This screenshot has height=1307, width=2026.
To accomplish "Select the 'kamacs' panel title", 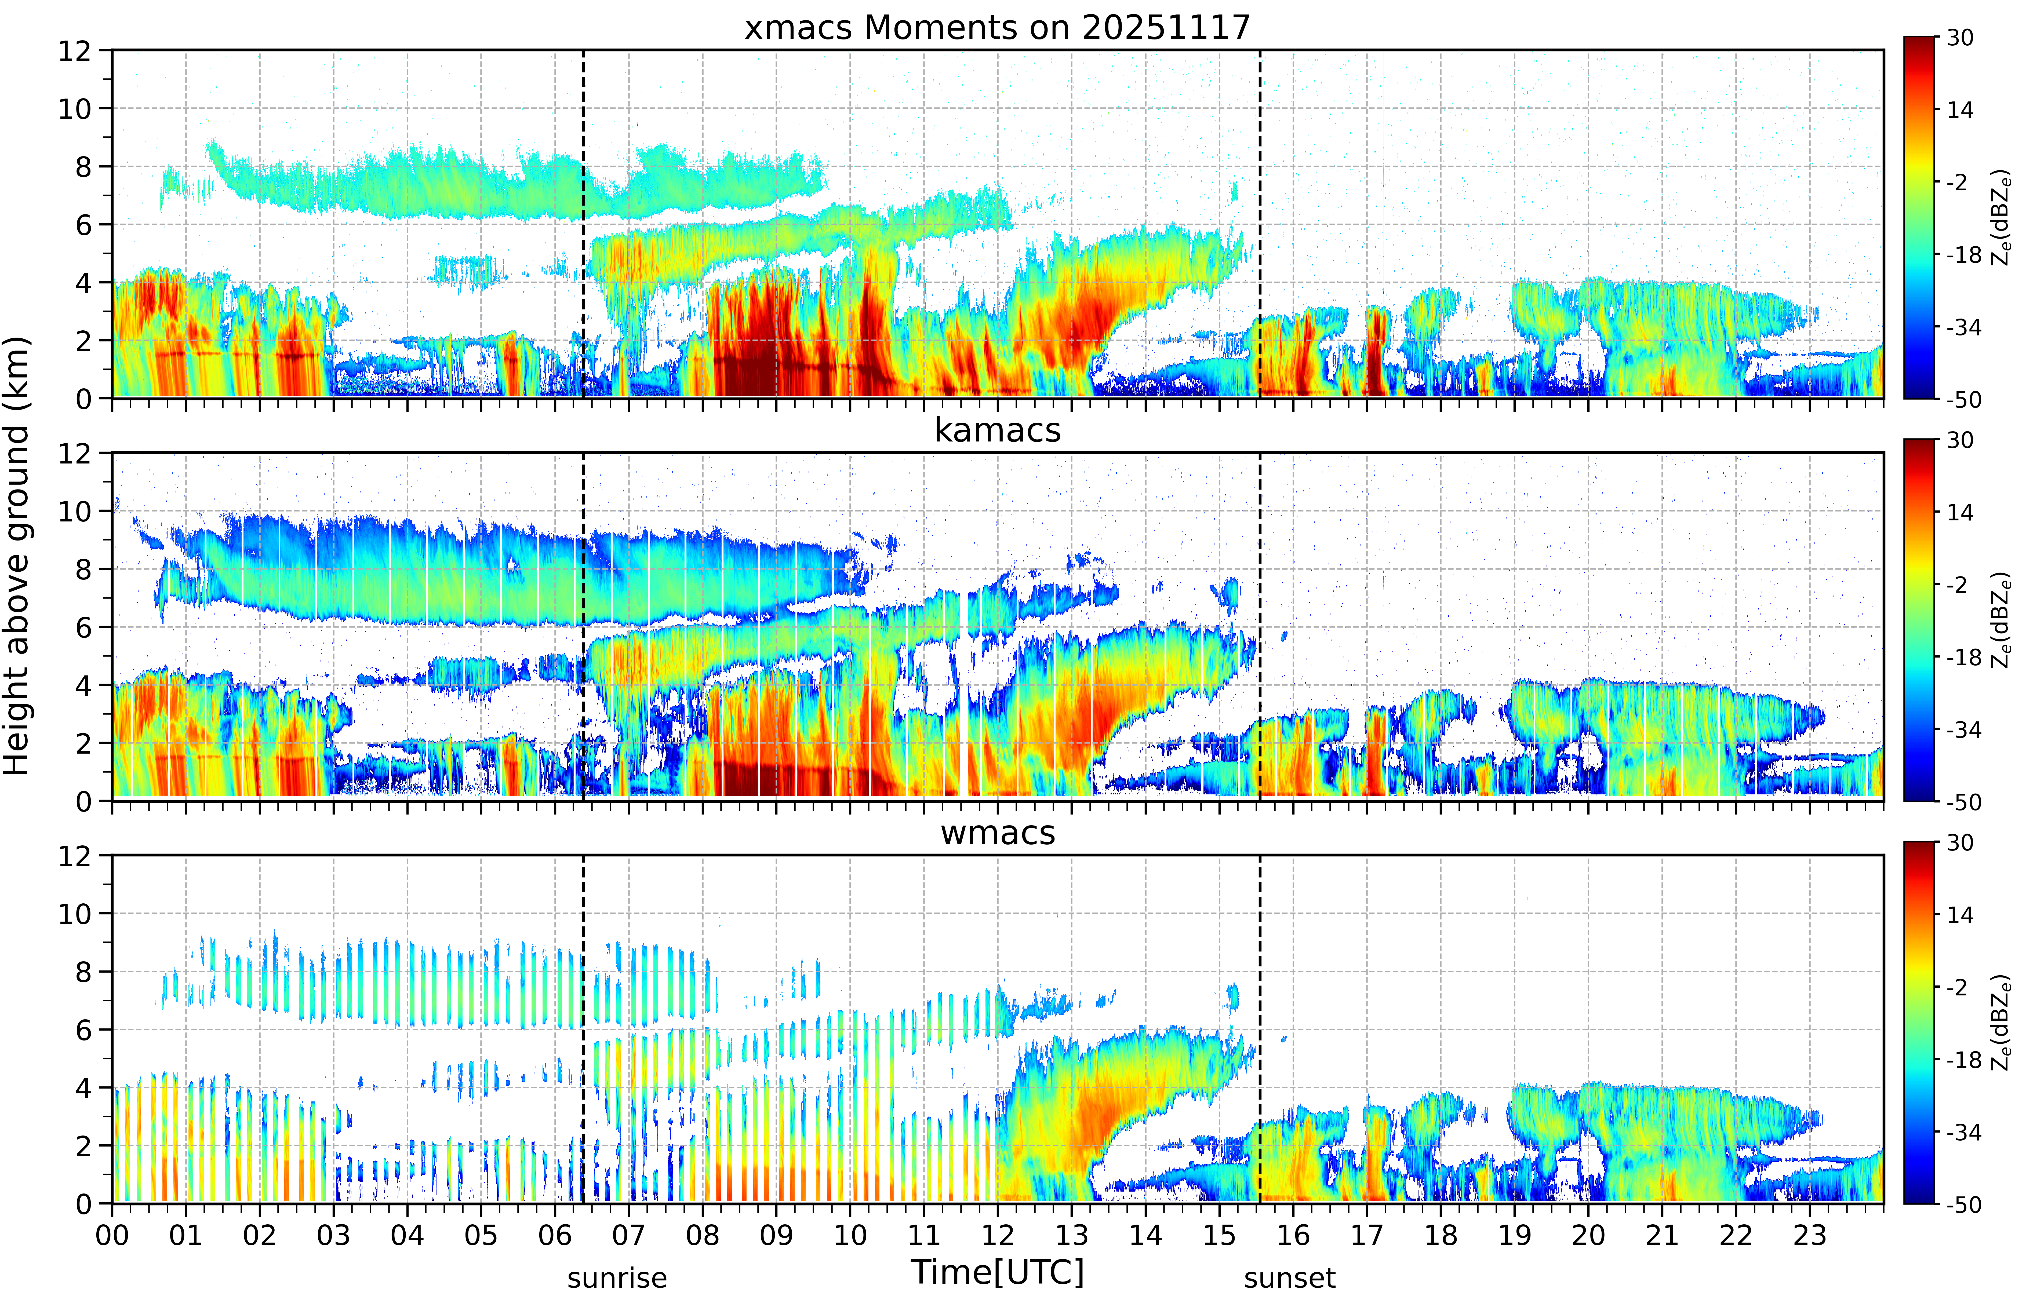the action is point(997,430).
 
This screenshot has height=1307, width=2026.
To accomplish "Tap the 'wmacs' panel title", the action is point(997,833).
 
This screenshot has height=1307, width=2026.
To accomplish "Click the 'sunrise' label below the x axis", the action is point(617,1277).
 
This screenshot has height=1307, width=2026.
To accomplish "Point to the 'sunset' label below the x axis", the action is point(1289,1277).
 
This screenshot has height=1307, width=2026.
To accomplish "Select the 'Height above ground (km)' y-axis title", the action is point(17,556).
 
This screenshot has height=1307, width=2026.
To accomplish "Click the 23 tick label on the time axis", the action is point(1810,1235).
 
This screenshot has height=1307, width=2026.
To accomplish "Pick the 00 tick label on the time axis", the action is point(112,1235).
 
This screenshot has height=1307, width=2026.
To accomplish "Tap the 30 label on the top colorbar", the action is point(1960,37).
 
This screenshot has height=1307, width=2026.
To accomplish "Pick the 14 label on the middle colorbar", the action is point(1960,513).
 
